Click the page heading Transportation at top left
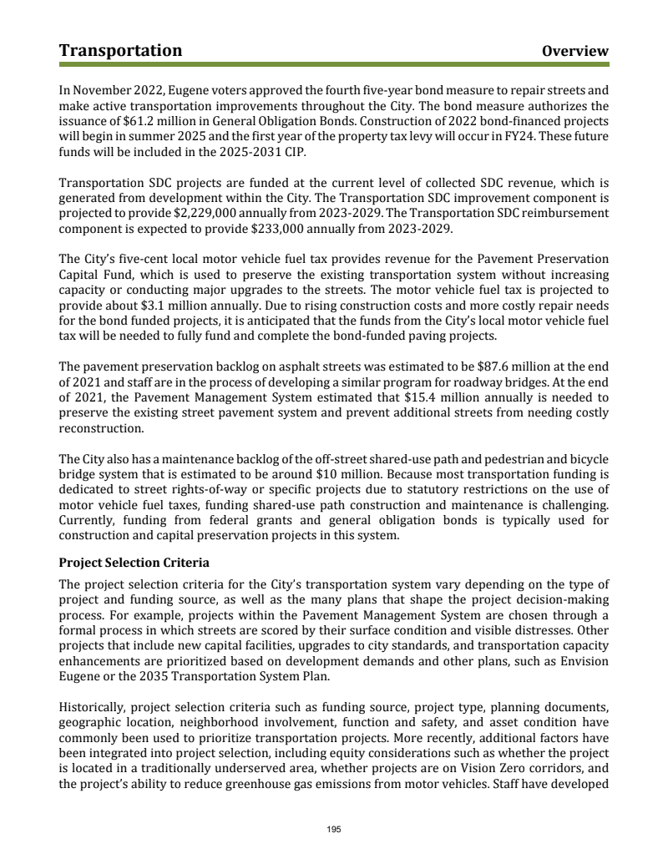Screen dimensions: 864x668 point(120,51)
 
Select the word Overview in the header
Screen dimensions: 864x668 point(575,52)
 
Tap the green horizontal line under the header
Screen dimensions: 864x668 point(334,64)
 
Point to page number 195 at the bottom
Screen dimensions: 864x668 point(334,829)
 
